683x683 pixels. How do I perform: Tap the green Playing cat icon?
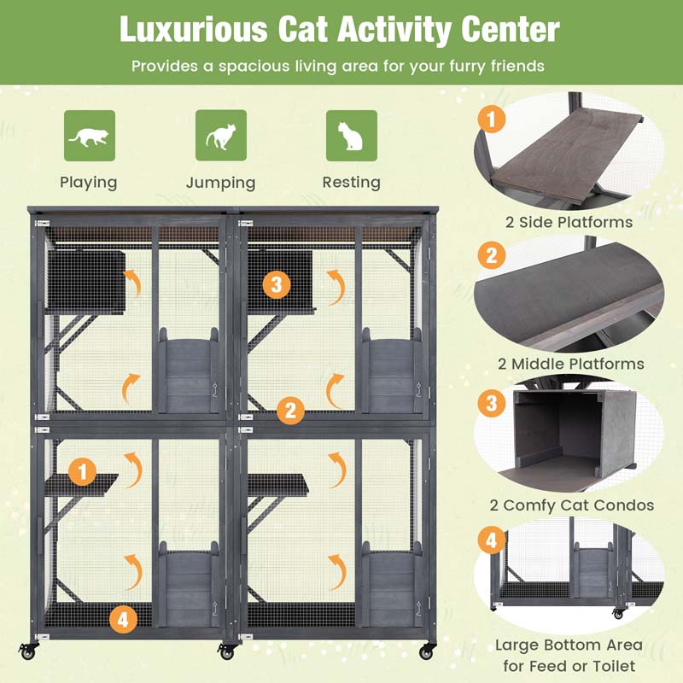click(89, 135)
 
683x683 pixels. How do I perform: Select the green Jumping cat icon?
click(220, 135)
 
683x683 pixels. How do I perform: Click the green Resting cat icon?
click(351, 135)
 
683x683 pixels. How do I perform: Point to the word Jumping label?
click(220, 183)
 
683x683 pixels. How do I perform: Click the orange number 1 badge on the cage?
click(83, 470)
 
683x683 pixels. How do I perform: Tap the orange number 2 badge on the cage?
click(290, 411)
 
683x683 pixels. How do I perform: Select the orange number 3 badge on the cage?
click(276, 284)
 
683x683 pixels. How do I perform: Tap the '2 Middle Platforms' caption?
click(570, 364)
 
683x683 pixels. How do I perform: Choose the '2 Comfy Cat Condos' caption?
click(571, 505)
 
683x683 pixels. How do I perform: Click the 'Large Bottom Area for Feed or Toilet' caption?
click(569, 655)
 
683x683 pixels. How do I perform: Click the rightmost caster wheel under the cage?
click(426, 651)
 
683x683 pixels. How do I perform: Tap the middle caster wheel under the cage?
click(226, 652)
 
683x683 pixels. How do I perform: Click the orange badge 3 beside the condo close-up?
click(491, 402)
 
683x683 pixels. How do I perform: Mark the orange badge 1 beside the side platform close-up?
click(491, 119)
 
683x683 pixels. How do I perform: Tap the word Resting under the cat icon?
click(351, 183)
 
